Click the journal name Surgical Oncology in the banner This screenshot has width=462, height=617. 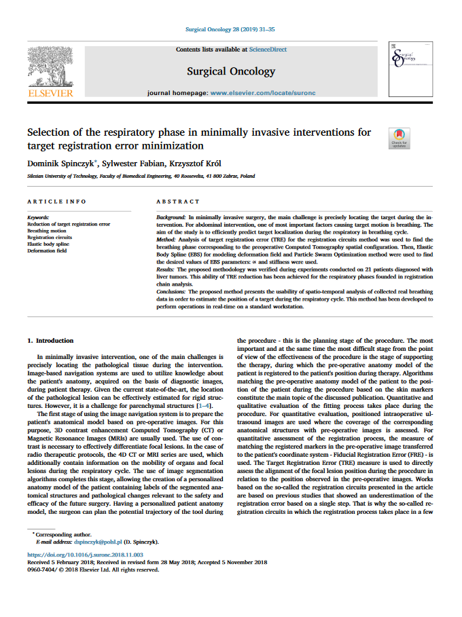pos(231,71)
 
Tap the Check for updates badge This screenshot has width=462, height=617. pos(399,138)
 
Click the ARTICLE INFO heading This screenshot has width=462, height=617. pos(56,202)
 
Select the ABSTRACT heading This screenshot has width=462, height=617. pos(178,202)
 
